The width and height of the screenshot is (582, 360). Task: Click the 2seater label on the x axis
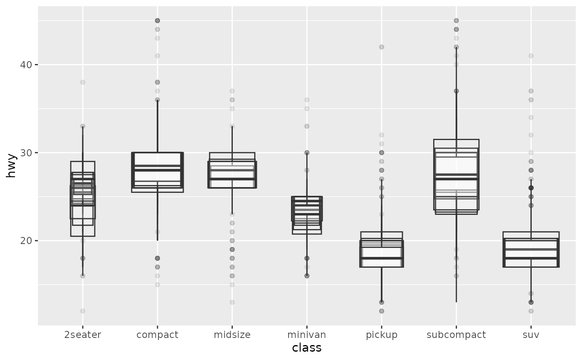point(82,335)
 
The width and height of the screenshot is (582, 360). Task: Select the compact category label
point(157,335)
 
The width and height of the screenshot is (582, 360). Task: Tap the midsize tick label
point(232,335)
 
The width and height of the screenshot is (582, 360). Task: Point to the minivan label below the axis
point(307,335)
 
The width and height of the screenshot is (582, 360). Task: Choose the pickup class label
point(381,335)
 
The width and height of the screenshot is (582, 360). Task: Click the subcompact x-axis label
point(456,335)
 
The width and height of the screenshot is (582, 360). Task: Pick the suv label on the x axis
point(531,335)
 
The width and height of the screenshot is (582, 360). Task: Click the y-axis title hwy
point(11,165)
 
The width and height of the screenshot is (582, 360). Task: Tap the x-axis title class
point(307,348)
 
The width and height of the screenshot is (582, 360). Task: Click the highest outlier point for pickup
point(381,47)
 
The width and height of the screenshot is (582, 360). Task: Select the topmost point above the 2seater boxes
point(83,82)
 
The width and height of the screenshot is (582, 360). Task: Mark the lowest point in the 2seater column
point(83,311)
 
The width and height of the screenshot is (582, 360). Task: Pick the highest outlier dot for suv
point(531,56)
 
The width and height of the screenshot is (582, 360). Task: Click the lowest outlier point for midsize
point(232,302)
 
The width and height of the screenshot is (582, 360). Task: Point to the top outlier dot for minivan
point(307,100)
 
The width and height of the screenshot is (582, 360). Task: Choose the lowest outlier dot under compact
point(157,285)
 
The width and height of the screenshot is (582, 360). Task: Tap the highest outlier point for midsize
point(232,91)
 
